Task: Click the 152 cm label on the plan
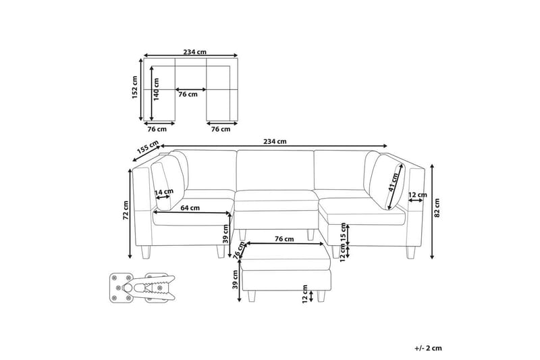click(x=134, y=88)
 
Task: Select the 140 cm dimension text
click(x=157, y=89)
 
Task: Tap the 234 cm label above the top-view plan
click(x=195, y=52)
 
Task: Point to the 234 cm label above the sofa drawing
click(x=275, y=141)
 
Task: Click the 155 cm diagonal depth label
click(x=148, y=147)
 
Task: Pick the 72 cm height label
click(x=126, y=210)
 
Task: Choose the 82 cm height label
click(x=437, y=208)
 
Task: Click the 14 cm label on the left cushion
click(x=164, y=192)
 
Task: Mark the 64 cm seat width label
click(x=190, y=208)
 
